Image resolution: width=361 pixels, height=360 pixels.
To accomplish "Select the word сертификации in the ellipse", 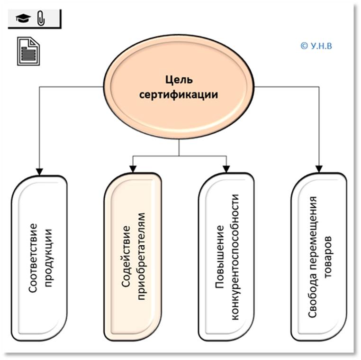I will pyautogui.click(x=178, y=94).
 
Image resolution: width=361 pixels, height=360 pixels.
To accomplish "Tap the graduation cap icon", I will pyautogui.click(x=22, y=18).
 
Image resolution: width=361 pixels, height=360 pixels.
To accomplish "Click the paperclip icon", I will pyautogui.click(x=40, y=18).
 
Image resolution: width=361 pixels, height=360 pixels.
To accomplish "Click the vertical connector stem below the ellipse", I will pyautogui.click(x=179, y=148).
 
